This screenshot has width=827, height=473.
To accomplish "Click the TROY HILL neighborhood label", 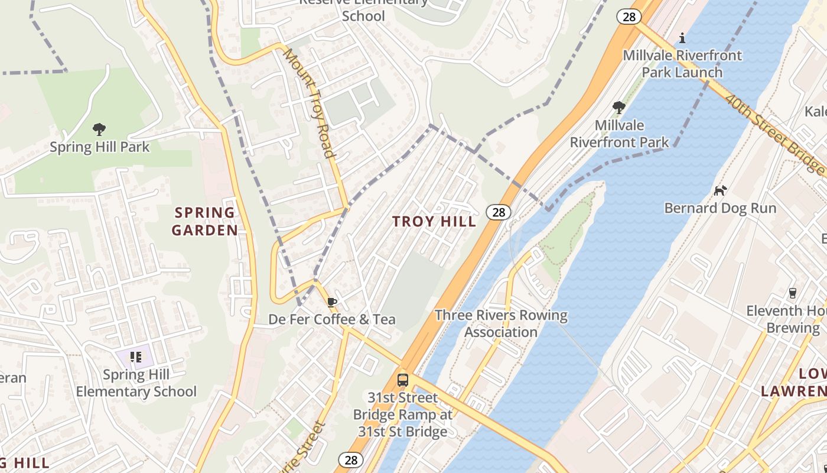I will pos(434,222).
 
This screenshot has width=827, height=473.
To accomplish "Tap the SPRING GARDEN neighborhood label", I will pos(205,221).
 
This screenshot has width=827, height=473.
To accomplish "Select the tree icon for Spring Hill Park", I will pos(99,129).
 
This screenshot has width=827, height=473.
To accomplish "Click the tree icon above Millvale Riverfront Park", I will pos(619,108).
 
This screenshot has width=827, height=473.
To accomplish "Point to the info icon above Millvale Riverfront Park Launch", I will pos(682,38).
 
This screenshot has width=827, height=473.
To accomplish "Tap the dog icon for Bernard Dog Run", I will pos(720,190).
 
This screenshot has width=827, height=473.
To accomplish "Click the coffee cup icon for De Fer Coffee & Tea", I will pos(332,302).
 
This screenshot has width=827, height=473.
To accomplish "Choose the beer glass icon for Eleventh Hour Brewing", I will pos(793,293).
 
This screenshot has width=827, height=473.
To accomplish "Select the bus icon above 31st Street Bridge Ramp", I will pos(403,380).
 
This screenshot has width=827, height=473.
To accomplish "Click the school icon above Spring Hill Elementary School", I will pos(136,357).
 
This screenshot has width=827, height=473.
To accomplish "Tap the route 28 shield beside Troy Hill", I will pos(499,212).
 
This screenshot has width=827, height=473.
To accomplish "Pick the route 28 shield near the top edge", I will pos(629,17).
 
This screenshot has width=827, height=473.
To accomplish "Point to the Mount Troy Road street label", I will pos(310,103).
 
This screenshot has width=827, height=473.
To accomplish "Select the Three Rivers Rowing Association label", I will pos(501,323).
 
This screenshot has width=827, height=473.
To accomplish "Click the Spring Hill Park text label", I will pos(99,147).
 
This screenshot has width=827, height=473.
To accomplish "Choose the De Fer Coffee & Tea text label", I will pos(332,319).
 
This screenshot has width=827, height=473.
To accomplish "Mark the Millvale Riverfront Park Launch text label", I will pos(682,64).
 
